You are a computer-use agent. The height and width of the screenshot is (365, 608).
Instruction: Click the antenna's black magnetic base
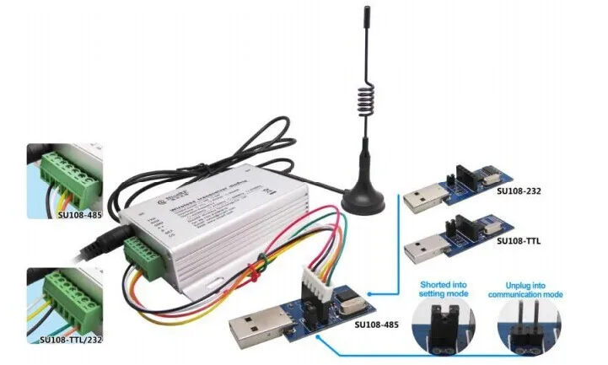[364, 199]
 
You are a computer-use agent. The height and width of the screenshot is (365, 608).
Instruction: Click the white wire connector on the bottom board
[315, 282]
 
